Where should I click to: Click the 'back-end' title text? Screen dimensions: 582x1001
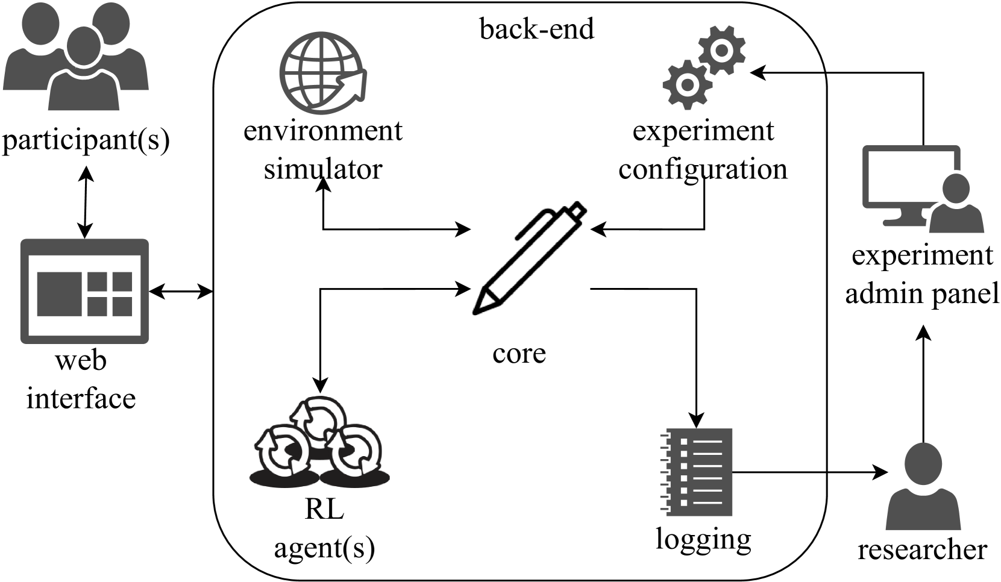pos(536,29)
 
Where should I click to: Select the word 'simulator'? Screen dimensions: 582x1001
pos(323,169)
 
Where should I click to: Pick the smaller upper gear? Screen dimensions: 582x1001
pos(721,50)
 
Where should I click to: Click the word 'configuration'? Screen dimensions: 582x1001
pos(703,169)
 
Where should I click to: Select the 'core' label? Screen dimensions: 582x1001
pos(519,352)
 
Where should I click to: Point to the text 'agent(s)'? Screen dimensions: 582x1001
pos(324,548)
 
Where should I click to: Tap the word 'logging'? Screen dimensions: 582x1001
pos(703,538)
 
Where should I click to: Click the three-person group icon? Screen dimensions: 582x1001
pos(77,57)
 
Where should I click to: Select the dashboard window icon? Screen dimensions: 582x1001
pos(84,292)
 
